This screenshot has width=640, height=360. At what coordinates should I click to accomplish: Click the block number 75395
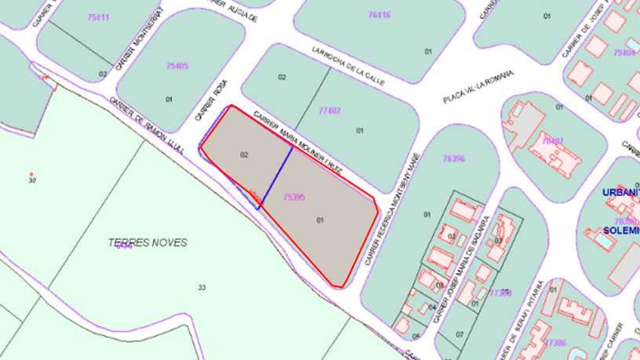pos(293,198)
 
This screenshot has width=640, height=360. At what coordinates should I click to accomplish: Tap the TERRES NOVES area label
pos(148,242)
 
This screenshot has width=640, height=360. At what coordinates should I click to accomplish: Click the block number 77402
pos(329,111)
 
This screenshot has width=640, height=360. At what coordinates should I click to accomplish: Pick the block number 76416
pos(379,15)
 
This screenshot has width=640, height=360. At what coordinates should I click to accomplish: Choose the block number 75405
pos(177,66)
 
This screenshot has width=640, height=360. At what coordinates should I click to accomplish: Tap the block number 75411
pos(99,17)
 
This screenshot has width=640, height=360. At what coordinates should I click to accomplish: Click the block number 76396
pos(453,158)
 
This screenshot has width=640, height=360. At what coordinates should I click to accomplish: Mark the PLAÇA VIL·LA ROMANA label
pos(478,86)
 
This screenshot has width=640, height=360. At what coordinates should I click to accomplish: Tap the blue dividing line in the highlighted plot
pos(277,176)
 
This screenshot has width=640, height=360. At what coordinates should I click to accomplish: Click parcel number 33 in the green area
pos(202,288)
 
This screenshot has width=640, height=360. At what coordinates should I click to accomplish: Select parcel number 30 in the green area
pos(32,180)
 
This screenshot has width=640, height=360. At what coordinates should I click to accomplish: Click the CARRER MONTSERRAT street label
pos(139,39)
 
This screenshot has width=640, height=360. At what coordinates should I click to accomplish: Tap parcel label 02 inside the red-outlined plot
pos(244,155)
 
